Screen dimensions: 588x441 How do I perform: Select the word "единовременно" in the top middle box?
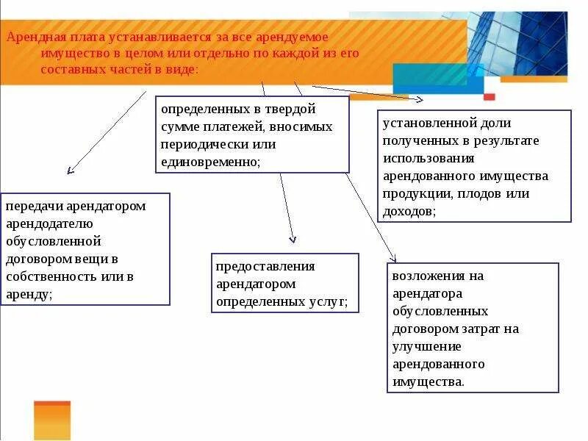click(209, 162)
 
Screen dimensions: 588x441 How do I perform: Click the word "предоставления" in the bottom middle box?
click(265, 266)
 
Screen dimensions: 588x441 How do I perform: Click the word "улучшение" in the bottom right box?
click(426, 346)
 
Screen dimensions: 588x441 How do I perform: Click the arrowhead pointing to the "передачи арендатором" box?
click(70, 171)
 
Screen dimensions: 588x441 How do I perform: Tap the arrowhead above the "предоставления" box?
click(293, 239)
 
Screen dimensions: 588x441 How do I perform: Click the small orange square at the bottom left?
click(51, 420)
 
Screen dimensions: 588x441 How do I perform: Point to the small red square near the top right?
click(490, 96)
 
